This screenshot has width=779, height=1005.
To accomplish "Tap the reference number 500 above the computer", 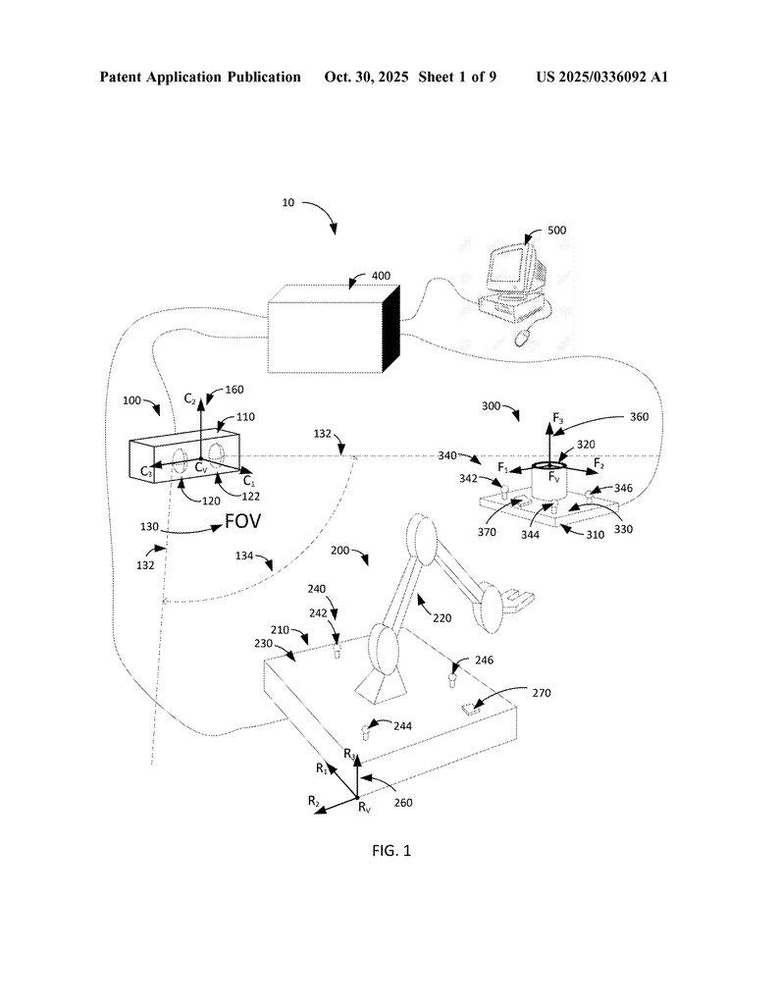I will pos(556,231).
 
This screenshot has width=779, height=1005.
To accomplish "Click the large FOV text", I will pos(243,520).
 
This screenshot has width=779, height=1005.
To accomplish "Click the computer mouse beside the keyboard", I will pos(522,337).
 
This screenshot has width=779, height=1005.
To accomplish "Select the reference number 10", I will pos(288,203).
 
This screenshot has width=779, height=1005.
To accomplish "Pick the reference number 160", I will pos(234,390).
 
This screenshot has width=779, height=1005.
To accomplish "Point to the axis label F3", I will pos(558,419).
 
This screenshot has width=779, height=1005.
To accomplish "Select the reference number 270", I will pos(543,693).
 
